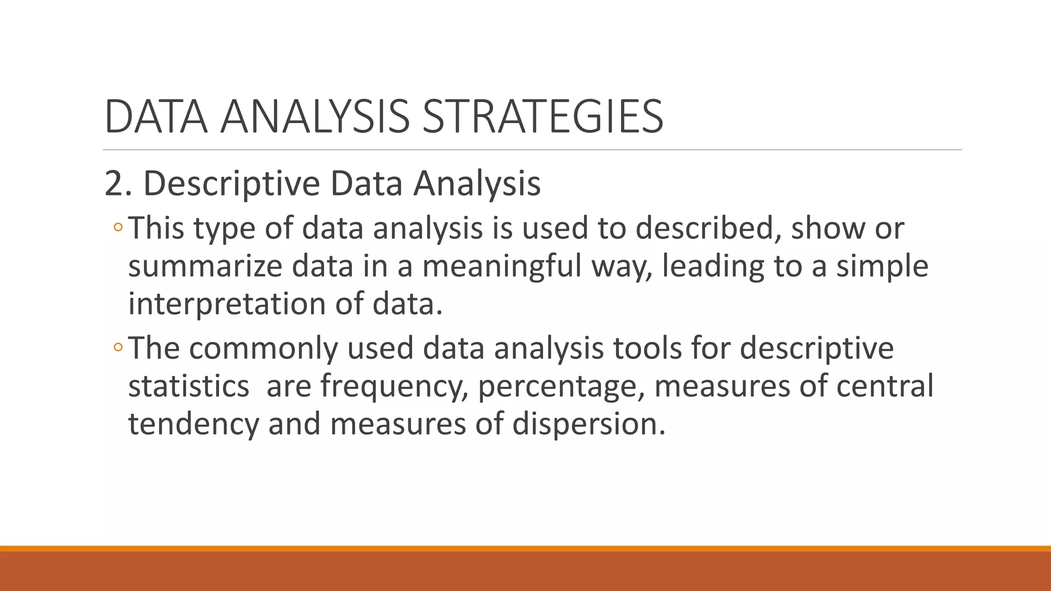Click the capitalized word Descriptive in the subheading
coord(231,183)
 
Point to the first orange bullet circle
coord(118,227)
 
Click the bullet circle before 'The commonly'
coord(118,347)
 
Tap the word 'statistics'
coord(188,386)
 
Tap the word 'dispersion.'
coord(589,424)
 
